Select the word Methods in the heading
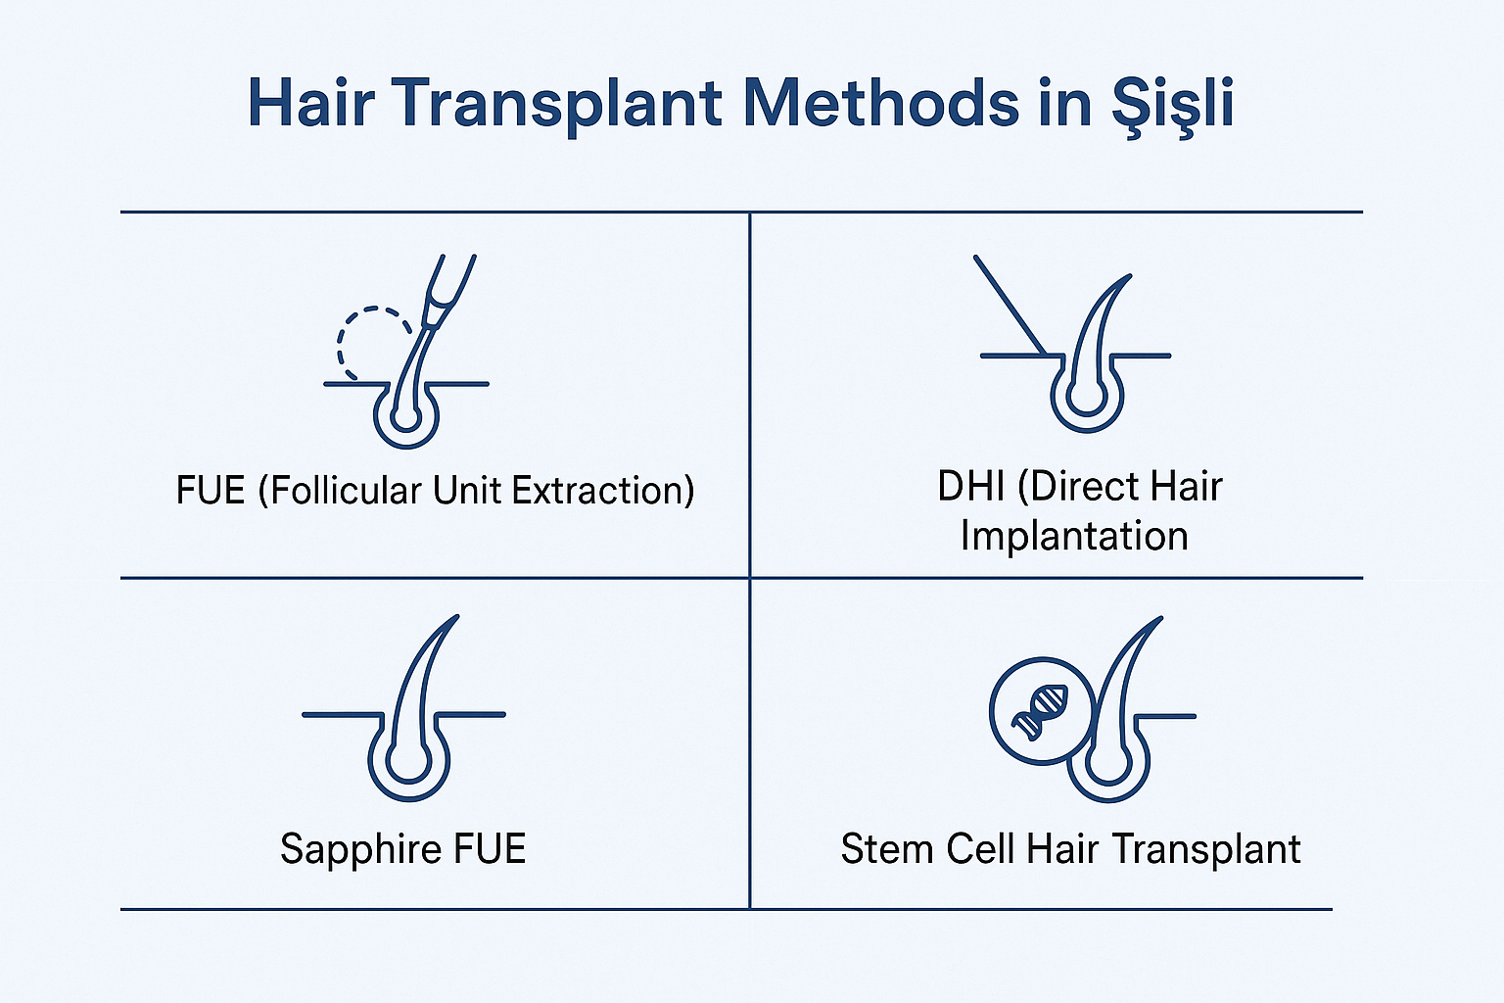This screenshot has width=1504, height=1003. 881,103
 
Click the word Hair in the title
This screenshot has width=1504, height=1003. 310,103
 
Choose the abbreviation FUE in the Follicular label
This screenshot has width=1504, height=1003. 211,491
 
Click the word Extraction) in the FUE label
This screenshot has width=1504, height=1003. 603,491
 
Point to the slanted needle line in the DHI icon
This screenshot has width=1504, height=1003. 1010,305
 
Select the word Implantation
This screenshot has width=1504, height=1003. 1074,537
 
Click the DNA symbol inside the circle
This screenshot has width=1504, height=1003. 1039,712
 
